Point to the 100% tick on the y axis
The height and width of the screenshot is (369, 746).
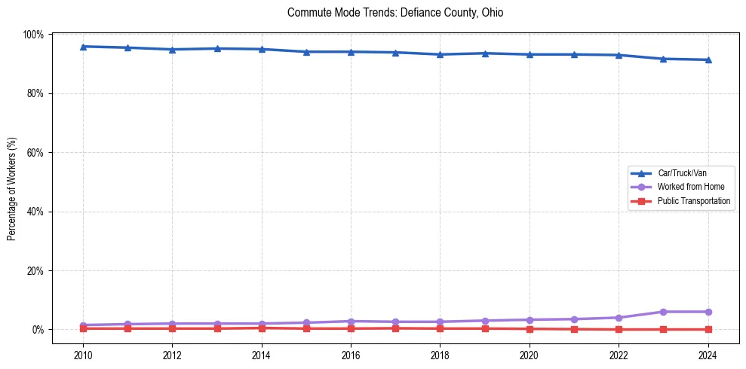(33, 35)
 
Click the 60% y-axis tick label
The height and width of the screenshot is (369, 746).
(35, 152)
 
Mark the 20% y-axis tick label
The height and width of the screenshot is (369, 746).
(35, 270)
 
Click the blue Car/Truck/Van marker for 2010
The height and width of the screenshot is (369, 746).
(83, 47)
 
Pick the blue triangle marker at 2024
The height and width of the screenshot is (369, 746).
(708, 59)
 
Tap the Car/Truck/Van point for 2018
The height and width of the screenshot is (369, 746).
(440, 54)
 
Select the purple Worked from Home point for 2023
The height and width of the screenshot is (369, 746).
(663, 312)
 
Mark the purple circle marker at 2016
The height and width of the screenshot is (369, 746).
(351, 322)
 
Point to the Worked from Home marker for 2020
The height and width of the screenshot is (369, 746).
(530, 320)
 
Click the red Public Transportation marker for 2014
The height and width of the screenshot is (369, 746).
(262, 328)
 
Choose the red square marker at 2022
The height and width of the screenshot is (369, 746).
(619, 329)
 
